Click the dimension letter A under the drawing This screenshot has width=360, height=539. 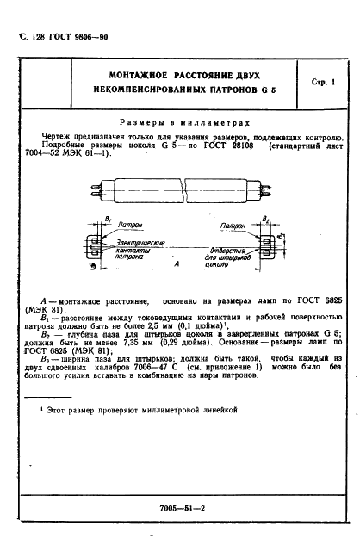[x=177, y=268]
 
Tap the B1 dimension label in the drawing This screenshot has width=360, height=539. [x=84, y=222]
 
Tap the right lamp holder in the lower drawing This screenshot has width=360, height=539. [x=268, y=246]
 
